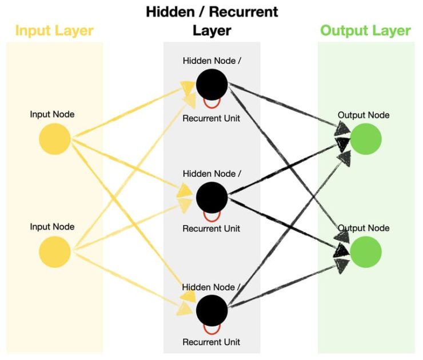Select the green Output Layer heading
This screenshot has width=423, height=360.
365,30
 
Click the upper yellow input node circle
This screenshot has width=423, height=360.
55,139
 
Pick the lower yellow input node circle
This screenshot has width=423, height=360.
55,252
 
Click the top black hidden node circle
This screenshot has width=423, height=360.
212,85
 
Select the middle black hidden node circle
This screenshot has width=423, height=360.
212,197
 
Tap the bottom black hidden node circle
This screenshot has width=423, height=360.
212,310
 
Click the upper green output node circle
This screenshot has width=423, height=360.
365,139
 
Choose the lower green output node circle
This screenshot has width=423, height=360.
365,252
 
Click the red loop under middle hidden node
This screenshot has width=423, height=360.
212,217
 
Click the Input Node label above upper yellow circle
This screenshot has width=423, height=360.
52,114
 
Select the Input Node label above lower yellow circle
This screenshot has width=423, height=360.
52,227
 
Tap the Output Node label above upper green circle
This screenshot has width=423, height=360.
364,115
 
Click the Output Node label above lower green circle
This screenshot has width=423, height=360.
364,228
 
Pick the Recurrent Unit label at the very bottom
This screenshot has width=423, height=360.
211,342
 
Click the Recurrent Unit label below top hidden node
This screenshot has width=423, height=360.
211,118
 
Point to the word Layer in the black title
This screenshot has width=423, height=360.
212,30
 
